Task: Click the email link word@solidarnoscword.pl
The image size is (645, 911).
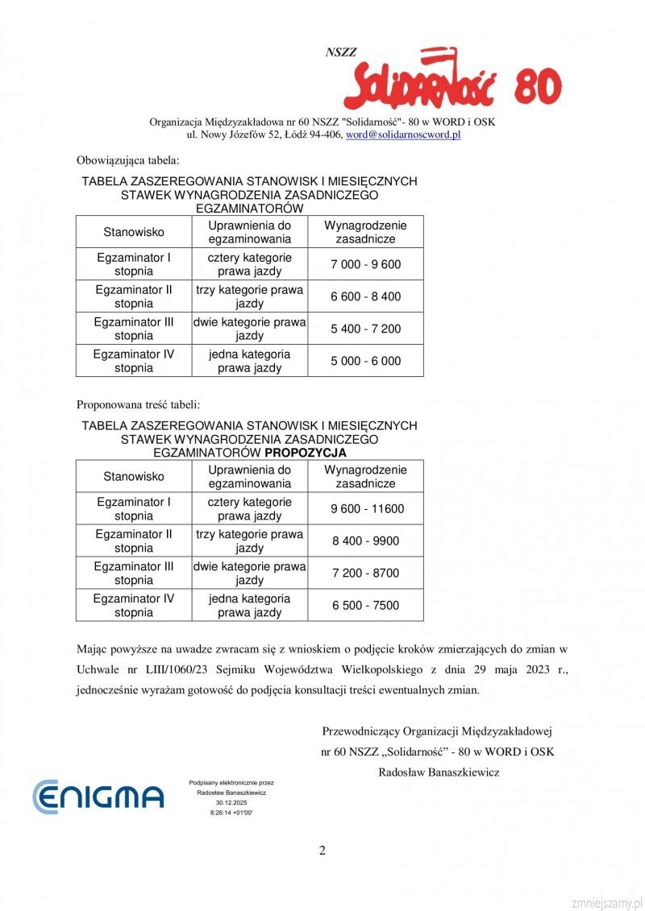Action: click(x=403, y=135)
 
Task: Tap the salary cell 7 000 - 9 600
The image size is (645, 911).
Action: click(x=365, y=264)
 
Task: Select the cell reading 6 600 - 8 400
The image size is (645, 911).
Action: click(x=365, y=296)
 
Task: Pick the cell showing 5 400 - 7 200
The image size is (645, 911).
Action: click(x=365, y=329)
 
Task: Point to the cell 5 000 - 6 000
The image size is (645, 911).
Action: click(x=365, y=361)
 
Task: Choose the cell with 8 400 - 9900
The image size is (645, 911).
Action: click(x=365, y=540)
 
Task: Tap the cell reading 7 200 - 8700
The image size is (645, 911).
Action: click(x=365, y=573)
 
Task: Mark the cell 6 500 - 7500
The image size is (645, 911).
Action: click(x=365, y=605)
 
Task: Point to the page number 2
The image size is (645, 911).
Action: click(x=322, y=851)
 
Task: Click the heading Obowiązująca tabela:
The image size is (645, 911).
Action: click(x=128, y=159)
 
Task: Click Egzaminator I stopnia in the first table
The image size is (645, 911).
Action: click(x=134, y=264)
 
